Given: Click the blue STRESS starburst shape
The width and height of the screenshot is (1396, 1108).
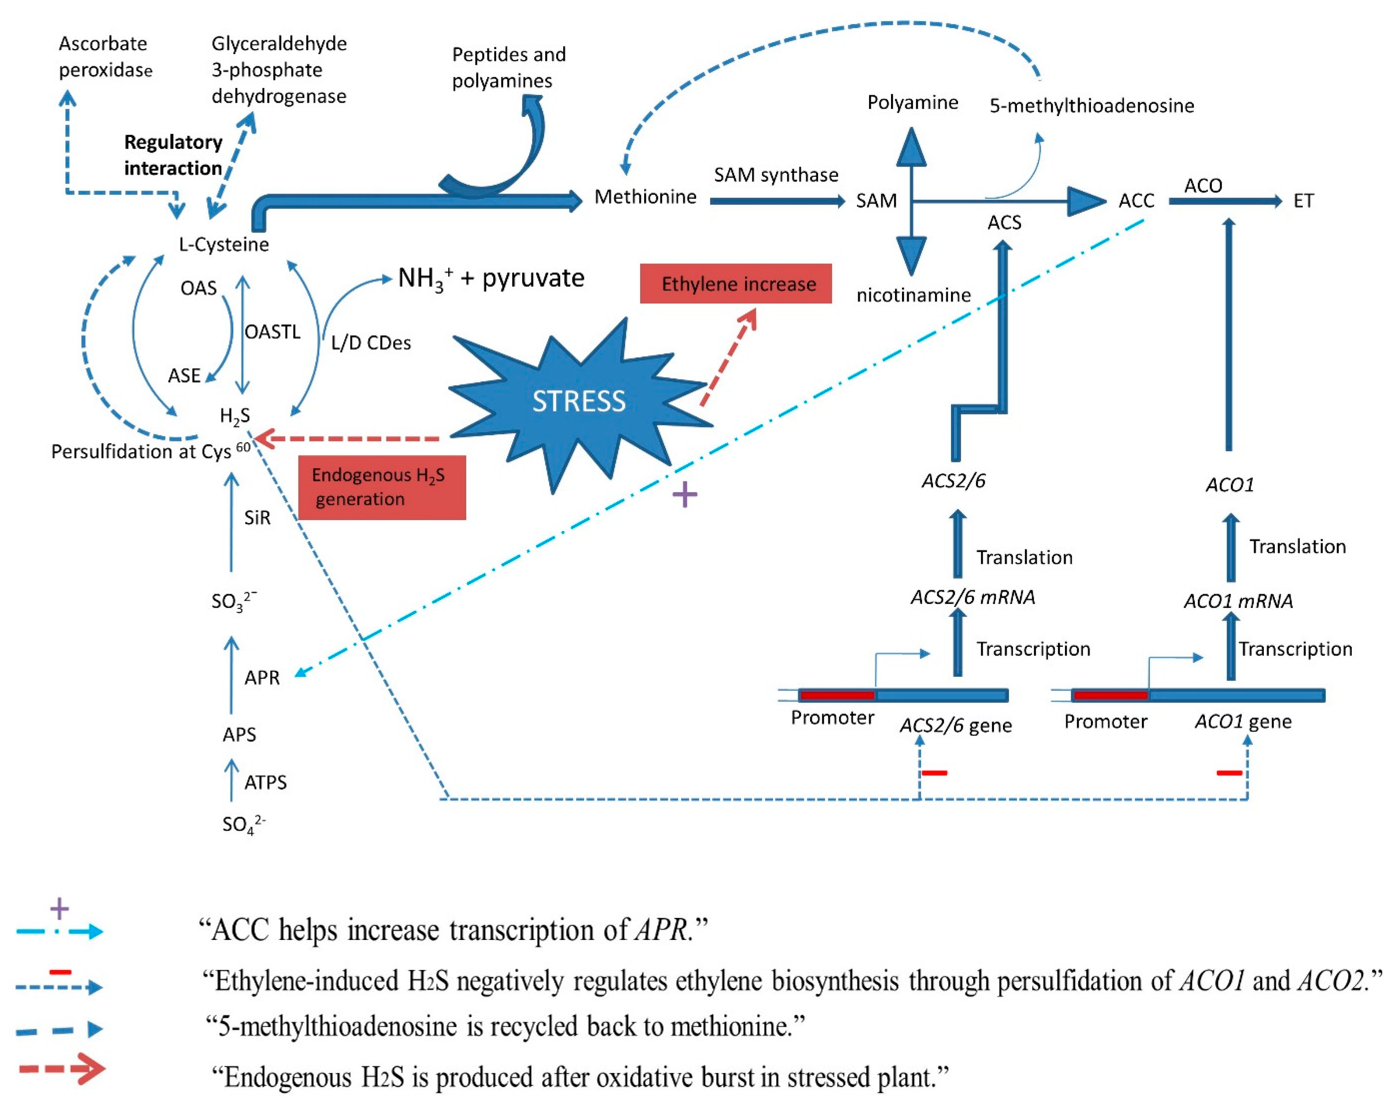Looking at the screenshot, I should [x=578, y=401].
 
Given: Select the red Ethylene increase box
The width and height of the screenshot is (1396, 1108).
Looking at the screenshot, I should [x=736, y=283].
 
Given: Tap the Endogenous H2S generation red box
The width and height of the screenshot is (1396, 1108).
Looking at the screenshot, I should [x=381, y=487].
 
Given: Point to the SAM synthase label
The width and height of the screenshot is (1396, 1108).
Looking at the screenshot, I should [x=776, y=175].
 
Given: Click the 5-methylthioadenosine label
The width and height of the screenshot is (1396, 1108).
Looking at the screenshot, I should [x=1092, y=105].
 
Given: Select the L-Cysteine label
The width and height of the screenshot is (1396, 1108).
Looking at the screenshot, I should [x=224, y=245].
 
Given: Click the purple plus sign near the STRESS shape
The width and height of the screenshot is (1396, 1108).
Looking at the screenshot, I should [x=684, y=495].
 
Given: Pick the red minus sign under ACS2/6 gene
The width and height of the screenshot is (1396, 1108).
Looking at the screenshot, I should [x=934, y=773].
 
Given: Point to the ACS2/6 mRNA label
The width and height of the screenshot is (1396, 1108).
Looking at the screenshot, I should [x=973, y=597].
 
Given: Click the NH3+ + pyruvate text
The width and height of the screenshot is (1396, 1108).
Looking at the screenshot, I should [x=491, y=278].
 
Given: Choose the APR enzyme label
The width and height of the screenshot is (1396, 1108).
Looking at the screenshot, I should [x=261, y=678].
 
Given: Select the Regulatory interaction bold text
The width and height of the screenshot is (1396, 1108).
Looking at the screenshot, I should [x=173, y=155].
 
